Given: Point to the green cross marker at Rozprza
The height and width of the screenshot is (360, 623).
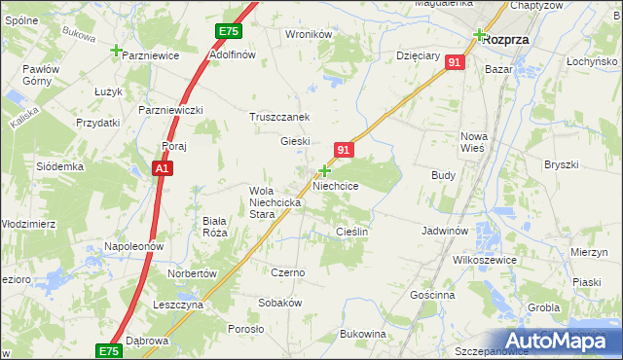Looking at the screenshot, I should coord(479,35).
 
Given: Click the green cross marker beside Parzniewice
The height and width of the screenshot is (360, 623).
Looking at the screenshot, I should coord(117,51).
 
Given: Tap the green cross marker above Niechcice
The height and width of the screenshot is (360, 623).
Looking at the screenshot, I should coord(324,170).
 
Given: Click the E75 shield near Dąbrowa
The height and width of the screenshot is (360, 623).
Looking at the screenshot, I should coord(109,349).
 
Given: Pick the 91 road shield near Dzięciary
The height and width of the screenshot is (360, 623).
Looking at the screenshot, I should coord(455,62).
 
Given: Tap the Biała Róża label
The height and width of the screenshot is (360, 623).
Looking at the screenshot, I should coord(214,227).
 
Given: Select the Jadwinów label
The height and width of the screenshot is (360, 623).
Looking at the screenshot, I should coord(447,232).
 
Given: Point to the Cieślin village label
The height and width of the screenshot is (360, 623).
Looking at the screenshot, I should coord(351,232).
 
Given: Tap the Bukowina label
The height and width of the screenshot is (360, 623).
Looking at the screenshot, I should coord(363,334).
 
